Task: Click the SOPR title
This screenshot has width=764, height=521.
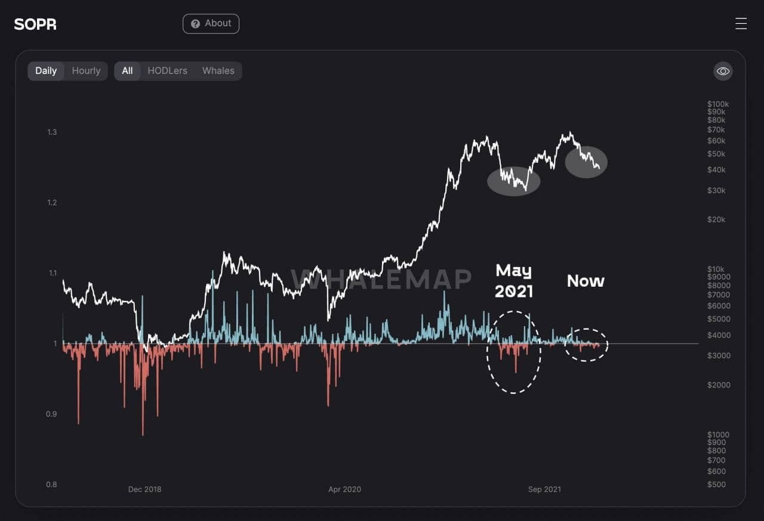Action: click(35, 24)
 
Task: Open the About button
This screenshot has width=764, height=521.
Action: click(211, 24)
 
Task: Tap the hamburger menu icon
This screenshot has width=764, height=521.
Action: click(741, 24)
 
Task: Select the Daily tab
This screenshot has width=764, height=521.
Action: click(46, 71)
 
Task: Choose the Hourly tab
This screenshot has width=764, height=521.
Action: click(86, 71)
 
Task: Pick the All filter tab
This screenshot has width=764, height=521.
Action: click(127, 71)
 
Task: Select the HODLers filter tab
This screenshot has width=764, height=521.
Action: click(167, 71)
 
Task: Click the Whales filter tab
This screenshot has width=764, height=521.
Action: click(218, 71)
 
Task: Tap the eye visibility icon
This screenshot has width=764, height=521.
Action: click(723, 72)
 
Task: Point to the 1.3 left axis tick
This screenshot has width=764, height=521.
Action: click(51, 132)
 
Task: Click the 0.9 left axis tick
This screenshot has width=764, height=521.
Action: click(51, 414)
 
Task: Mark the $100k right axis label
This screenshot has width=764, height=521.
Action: click(717, 104)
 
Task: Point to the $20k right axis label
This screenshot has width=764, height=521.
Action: click(716, 219)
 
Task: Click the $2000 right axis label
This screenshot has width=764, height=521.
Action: click(718, 385)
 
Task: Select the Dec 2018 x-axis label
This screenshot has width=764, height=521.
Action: click(144, 489)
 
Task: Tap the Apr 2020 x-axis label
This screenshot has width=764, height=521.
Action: click(344, 489)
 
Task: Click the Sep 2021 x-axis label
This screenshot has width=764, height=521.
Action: click(544, 489)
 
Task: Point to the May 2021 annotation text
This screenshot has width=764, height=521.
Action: click(513, 281)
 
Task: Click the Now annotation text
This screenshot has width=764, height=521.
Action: click(586, 281)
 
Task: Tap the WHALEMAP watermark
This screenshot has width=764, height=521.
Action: click(381, 279)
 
